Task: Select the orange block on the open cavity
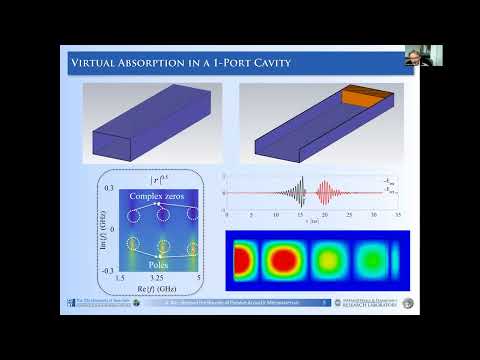pos(361,99)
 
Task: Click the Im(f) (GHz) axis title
pos(103,229)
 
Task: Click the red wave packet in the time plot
pos(325,191)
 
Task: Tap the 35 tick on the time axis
pos(398,215)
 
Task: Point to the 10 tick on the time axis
pos(275,215)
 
